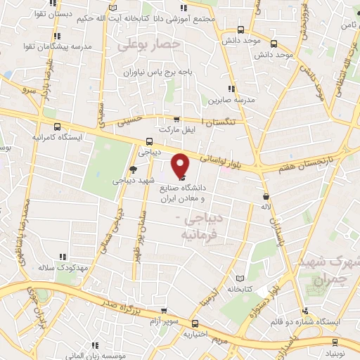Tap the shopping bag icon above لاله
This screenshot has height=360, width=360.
(266, 196)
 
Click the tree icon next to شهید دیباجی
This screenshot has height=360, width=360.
(133, 169)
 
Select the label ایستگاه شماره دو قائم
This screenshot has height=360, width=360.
(309, 321)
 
